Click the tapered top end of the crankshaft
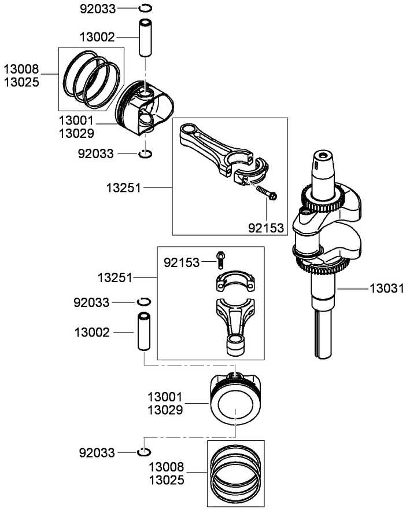(x=324, y=165)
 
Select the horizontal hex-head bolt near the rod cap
(x=264, y=192)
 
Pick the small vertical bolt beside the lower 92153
(x=220, y=259)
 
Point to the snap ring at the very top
(x=145, y=8)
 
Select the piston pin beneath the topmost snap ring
(x=145, y=38)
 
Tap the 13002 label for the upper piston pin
(x=97, y=37)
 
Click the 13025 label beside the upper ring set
(x=21, y=82)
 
